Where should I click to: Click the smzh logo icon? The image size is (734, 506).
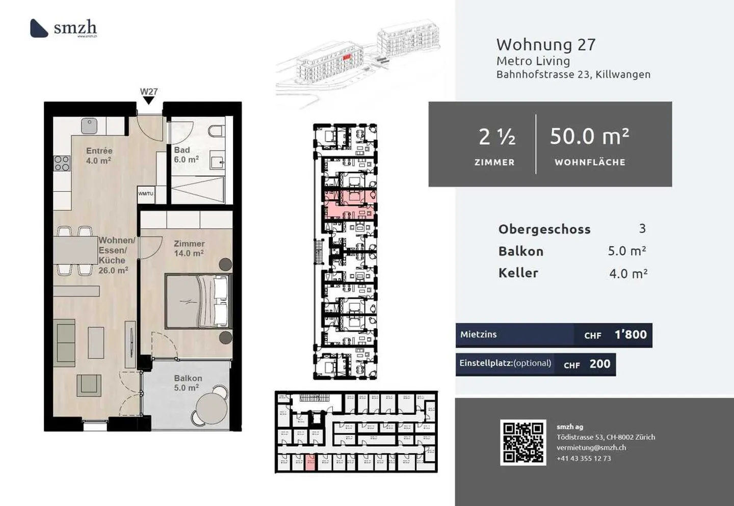pyautogui.click(x=39, y=28)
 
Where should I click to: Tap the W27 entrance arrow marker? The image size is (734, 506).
pyautogui.click(x=148, y=100)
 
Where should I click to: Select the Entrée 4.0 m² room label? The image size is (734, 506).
pyautogui.click(x=99, y=155)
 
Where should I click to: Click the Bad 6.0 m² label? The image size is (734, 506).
pyautogui.click(x=186, y=155)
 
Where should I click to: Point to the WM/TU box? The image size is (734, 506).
pyautogui.click(x=145, y=194)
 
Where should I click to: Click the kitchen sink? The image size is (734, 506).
pyautogui.click(x=89, y=125)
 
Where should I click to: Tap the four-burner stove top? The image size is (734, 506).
pyautogui.click(x=62, y=163)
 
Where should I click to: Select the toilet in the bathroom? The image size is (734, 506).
pyautogui.click(x=217, y=131)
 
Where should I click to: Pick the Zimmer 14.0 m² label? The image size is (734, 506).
pyautogui.click(x=189, y=248)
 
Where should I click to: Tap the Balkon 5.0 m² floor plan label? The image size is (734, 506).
pyautogui.click(x=188, y=383)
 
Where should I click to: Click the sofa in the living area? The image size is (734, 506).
pyautogui.click(x=65, y=340)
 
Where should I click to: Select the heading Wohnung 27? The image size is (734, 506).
pyautogui.click(x=545, y=45)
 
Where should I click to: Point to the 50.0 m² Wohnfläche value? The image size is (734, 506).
pyautogui.click(x=589, y=137)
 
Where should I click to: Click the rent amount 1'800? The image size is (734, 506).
pyautogui.click(x=630, y=335)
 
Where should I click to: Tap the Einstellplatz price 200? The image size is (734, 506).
pyautogui.click(x=599, y=364)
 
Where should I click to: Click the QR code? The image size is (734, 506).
pyautogui.click(x=523, y=442)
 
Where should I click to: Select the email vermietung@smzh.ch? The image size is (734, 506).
pyautogui.click(x=591, y=447)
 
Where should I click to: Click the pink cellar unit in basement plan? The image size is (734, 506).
pyautogui.click(x=310, y=462)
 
